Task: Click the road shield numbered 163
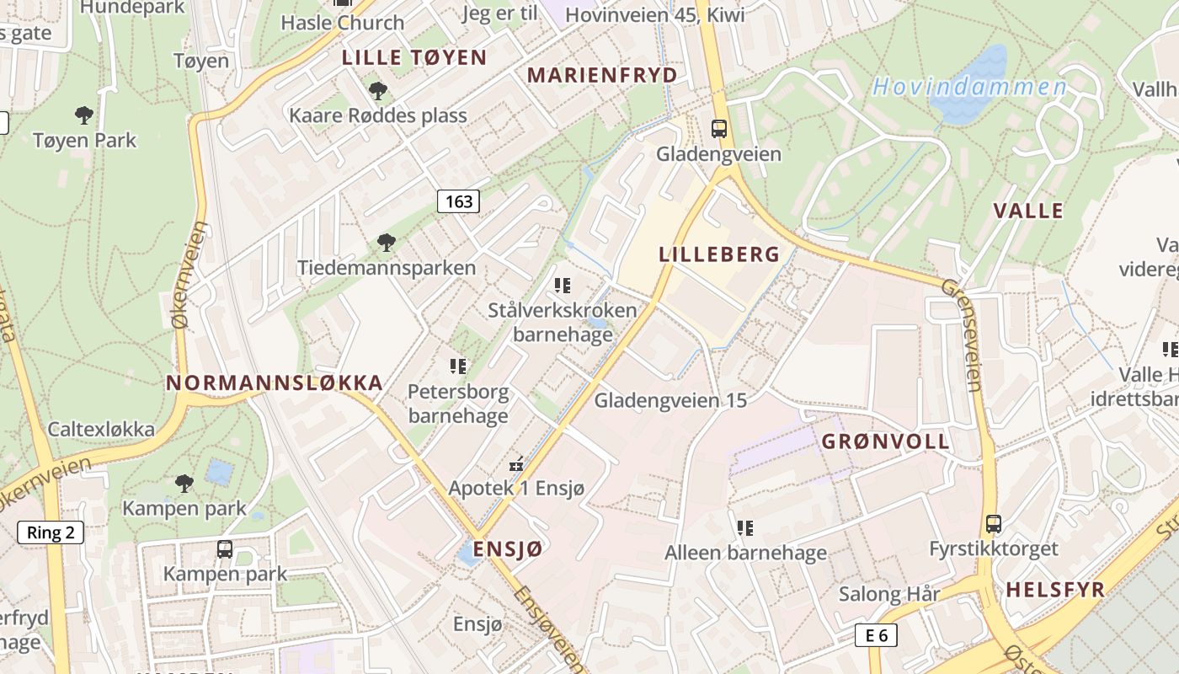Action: pyautogui.click(x=458, y=201)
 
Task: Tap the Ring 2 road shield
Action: pyautogui.click(x=51, y=532)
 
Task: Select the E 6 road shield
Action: pyautogui.click(x=876, y=635)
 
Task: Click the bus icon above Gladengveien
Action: pyautogui.click(x=718, y=129)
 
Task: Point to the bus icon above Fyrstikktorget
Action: pyautogui.click(x=994, y=524)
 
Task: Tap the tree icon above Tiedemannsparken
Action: pyautogui.click(x=387, y=243)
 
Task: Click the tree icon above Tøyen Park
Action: pyautogui.click(x=83, y=115)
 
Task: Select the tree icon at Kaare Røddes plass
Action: pyautogui.click(x=378, y=89)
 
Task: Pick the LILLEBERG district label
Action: pyautogui.click(x=719, y=254)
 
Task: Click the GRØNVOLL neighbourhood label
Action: pyautogui.click(x=885, y=441)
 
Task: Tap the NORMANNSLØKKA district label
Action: pyautogui.click(x=275, y=382)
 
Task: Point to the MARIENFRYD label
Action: pyautogui.click(x=602, y=75)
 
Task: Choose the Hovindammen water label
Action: pyautogui.click(x=969, y=87)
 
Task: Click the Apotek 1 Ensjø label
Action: pyautogui.click(x=516, y=488)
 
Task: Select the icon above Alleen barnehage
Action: pyautogui.click(x=745, y=528)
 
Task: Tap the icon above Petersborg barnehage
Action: pyautogui.click(x=458, y=366)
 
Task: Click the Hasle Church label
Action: pyautogui.click(x=343, y=23)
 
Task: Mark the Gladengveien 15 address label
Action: pyautogui.click(x=670, y=400)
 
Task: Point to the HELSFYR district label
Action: pyautogui.click(x=1054, y=590)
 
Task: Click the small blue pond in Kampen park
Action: pyautogui.click(x=220, y=472)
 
